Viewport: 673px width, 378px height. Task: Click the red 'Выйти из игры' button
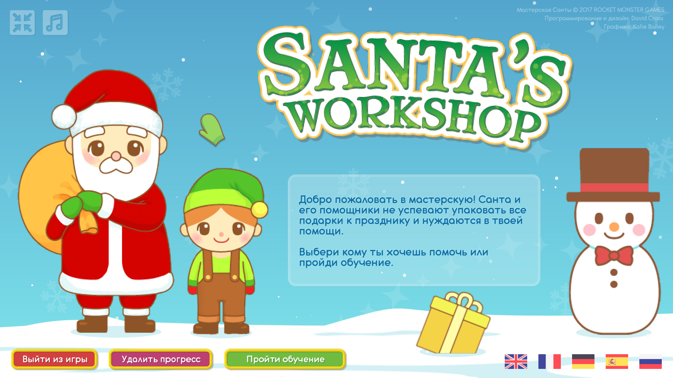tap(54, 359)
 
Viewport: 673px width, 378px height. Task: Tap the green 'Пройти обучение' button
tap(285, 359)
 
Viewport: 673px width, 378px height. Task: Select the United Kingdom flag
tap(516, 362)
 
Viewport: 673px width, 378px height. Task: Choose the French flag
tap(549, 362)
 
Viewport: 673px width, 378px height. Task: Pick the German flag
tap(583, 362)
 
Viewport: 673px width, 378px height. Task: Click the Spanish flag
tap(617, 362)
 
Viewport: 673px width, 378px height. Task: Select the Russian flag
tap(650, 362)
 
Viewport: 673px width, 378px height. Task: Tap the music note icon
tap(55, 23)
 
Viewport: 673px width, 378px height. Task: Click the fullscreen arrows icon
tap(22, 23)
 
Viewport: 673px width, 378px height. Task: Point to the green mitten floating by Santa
tap(212, 129)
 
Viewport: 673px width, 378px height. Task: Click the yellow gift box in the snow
tap(454, 323)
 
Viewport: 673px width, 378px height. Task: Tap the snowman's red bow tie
tap(614, 255)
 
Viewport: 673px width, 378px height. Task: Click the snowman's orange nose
tap(614, 227)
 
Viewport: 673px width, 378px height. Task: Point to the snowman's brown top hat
tap(613, 175)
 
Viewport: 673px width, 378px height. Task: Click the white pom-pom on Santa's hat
tap(64, 117)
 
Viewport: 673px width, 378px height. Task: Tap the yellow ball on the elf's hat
tap(260, 210)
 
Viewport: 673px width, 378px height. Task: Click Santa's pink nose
tap(116, 156)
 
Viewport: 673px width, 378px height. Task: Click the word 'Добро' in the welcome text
tap(315, 200)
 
